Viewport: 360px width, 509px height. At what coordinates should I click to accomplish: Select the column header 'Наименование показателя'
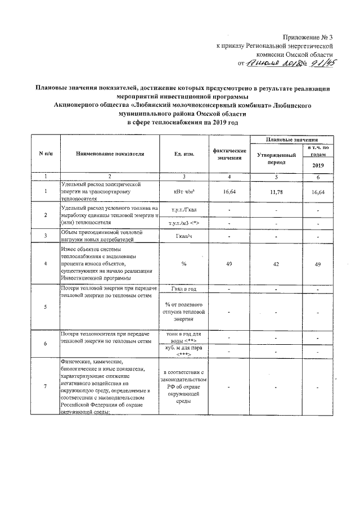point(107,154)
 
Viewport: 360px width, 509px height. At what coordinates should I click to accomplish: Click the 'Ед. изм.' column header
point(184,154)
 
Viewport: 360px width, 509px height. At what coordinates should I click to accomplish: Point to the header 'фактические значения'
point(229,154)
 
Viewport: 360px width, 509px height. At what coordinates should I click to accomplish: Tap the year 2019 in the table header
point(318,165)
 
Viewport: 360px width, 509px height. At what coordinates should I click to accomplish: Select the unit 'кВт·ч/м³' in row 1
point(184,192)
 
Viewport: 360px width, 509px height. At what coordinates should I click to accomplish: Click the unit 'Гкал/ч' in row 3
point(184,235)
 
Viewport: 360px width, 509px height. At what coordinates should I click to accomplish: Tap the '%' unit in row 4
point(184,263)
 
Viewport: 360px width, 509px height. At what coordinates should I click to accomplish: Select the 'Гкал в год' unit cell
point(184,289)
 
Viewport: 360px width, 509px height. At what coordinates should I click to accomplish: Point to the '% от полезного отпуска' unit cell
point(184,310)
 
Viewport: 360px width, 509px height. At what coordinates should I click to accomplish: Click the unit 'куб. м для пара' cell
point(184,350)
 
